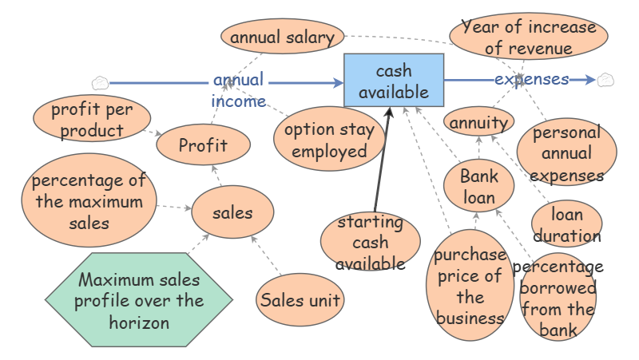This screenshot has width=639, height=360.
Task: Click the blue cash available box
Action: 394,80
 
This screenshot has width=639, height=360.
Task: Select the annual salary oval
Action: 282,37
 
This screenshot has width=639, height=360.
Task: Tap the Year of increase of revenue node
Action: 529,37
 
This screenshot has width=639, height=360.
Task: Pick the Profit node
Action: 203,145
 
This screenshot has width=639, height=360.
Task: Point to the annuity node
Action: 478,123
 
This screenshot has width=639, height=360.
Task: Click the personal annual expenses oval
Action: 567,152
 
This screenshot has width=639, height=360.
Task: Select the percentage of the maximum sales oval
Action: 89,201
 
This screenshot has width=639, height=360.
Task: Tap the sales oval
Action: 232,212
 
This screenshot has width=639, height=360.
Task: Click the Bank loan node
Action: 478,187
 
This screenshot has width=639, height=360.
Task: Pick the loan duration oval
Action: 566,224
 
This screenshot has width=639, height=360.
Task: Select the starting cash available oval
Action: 370,242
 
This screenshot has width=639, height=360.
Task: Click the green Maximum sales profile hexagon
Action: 139,302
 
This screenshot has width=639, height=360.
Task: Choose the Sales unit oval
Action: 300,300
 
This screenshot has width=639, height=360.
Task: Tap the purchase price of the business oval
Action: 470,286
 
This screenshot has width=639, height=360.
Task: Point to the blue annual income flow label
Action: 238,90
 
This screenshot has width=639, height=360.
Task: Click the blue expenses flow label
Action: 531,79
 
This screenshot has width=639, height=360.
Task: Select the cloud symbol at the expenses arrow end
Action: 605,79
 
